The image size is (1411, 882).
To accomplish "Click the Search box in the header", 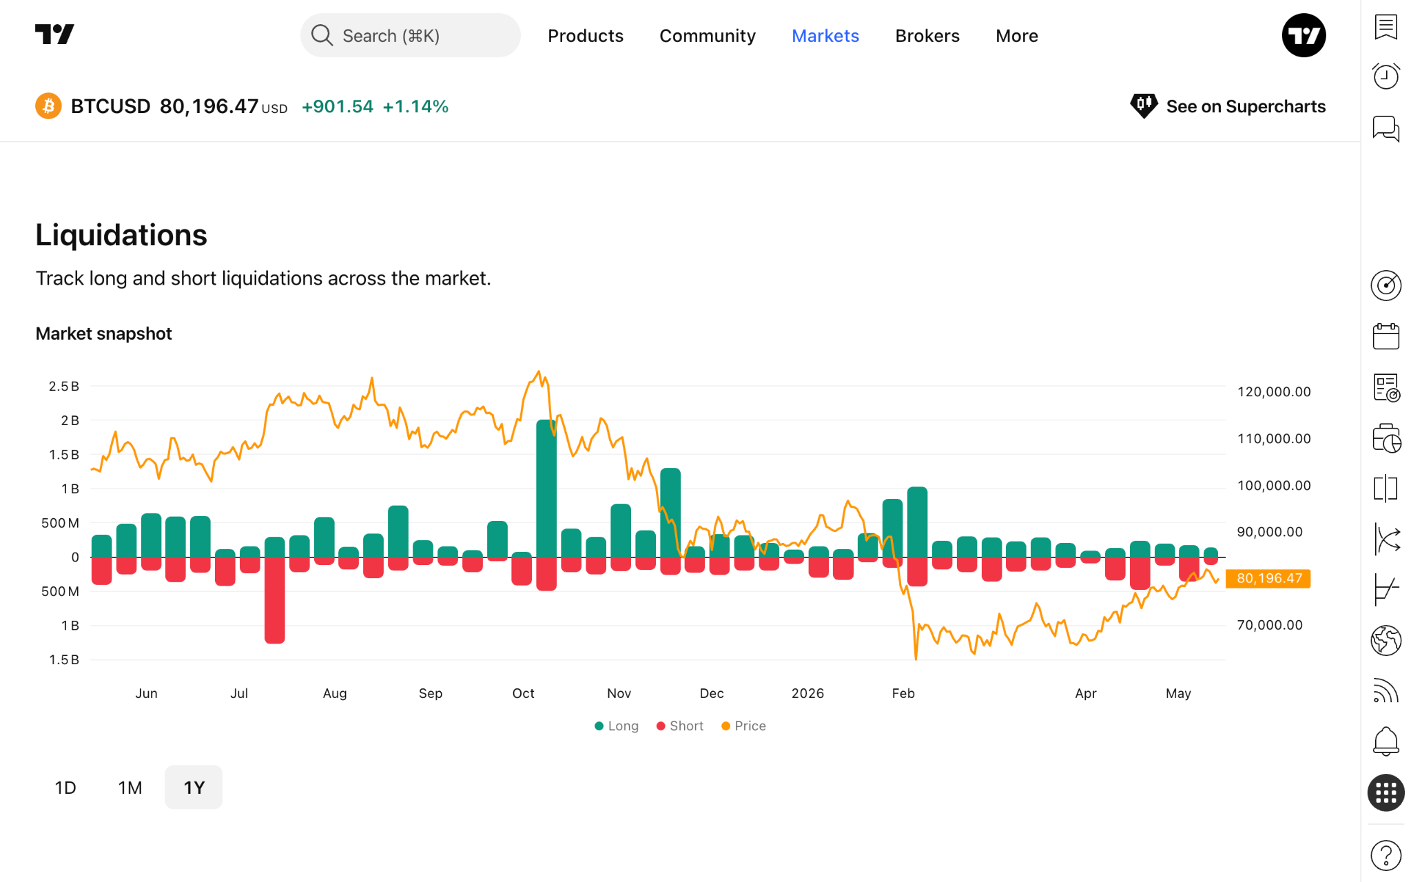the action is (x=410, y=35).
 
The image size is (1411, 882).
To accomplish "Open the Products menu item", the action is (x=586, y=36).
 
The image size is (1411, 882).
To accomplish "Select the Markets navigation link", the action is (x=825, y=36).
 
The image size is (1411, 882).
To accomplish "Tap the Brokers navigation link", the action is (x=927, y=36).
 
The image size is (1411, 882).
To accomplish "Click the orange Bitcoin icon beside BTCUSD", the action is (x=48, y=106).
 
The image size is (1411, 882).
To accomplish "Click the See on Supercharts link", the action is (x=1228, y=106).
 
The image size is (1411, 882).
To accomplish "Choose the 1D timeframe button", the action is (x=65, y=788).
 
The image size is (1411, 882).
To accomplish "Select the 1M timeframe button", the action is (x=130, y=788).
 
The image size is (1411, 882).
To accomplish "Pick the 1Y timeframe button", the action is (x=194, y=788).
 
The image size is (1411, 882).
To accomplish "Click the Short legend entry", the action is (x=680, y=726).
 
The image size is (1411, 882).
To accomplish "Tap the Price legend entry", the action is (x=743, y=726).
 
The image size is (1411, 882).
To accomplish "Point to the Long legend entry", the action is (x=617, y=726).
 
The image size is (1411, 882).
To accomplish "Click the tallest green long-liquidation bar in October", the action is (x=546, y=489).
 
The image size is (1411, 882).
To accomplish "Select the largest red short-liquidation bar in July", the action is (x=275, y=600).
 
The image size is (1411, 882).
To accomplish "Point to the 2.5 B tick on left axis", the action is (x=64, y=386).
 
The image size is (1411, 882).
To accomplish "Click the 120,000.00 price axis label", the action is (x=1274, y=391).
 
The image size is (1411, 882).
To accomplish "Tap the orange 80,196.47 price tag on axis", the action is (x=1268, y=578).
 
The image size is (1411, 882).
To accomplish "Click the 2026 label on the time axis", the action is (x=807, y=693).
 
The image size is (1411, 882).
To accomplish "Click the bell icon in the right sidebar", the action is (x=1386, y=741).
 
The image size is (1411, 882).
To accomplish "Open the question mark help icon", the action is (x=1386, y=856).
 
